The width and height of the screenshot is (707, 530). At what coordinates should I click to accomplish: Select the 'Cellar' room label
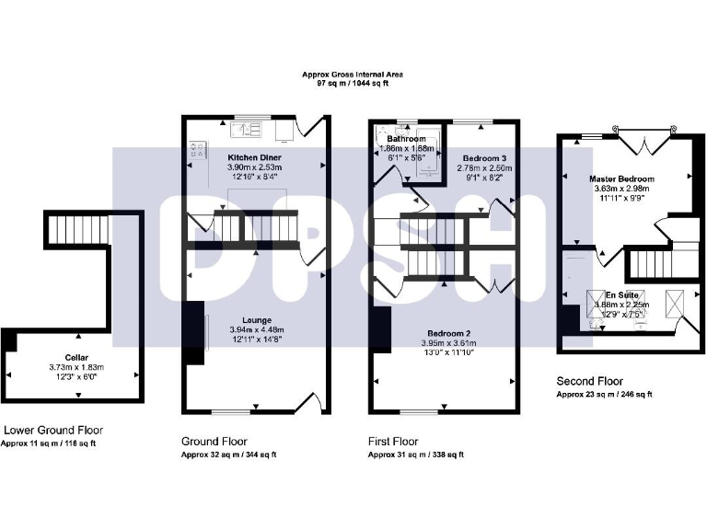(77, 356)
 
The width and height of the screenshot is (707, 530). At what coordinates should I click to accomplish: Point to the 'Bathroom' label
(406, 139)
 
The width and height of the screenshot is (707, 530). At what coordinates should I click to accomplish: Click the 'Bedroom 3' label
(483, 158)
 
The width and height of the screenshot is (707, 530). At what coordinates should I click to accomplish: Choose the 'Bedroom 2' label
(446, 332)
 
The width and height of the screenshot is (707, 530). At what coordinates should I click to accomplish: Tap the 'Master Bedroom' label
(621, 179)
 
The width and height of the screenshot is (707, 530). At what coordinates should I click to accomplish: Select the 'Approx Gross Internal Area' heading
(353, 74)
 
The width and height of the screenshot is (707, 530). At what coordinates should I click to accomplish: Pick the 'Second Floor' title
(590, 381)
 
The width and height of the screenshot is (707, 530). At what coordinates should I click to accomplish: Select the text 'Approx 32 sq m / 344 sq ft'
(228, 455)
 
